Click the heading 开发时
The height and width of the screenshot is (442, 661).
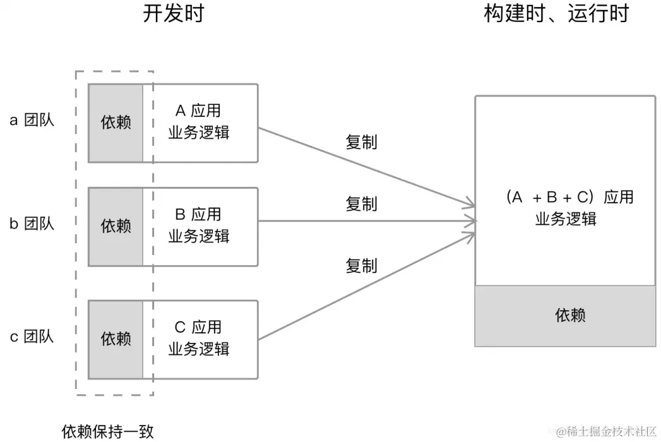coord(173,13)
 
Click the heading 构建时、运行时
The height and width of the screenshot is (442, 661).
coord(556,13)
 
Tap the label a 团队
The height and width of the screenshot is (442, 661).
coord(32,120)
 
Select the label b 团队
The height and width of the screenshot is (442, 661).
coord(32,224)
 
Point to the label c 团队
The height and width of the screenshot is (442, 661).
coord(32,337)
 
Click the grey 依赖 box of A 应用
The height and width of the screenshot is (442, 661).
coord(116,123)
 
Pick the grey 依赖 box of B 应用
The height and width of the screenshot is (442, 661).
coord(116,227)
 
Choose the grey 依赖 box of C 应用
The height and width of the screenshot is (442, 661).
coord(116,340)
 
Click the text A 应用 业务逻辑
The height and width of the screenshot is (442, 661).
coord(199,121)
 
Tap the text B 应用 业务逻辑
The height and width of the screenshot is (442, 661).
coord(199,225)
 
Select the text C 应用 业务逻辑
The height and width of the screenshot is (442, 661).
coord(199,338)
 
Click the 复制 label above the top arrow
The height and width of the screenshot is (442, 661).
coord(361,142)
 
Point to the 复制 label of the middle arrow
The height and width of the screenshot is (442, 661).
coord(361,204)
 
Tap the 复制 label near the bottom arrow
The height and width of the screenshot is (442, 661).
coord(361,266)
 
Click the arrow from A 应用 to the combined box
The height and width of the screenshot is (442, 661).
coord(367,167)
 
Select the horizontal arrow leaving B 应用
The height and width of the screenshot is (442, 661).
coord(367,220)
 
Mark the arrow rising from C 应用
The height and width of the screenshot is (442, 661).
coord(367,286)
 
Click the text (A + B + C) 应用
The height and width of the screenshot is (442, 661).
coord(569,197)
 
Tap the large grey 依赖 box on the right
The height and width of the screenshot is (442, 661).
coord(565,316)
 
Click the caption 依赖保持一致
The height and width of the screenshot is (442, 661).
coord(107,431)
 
